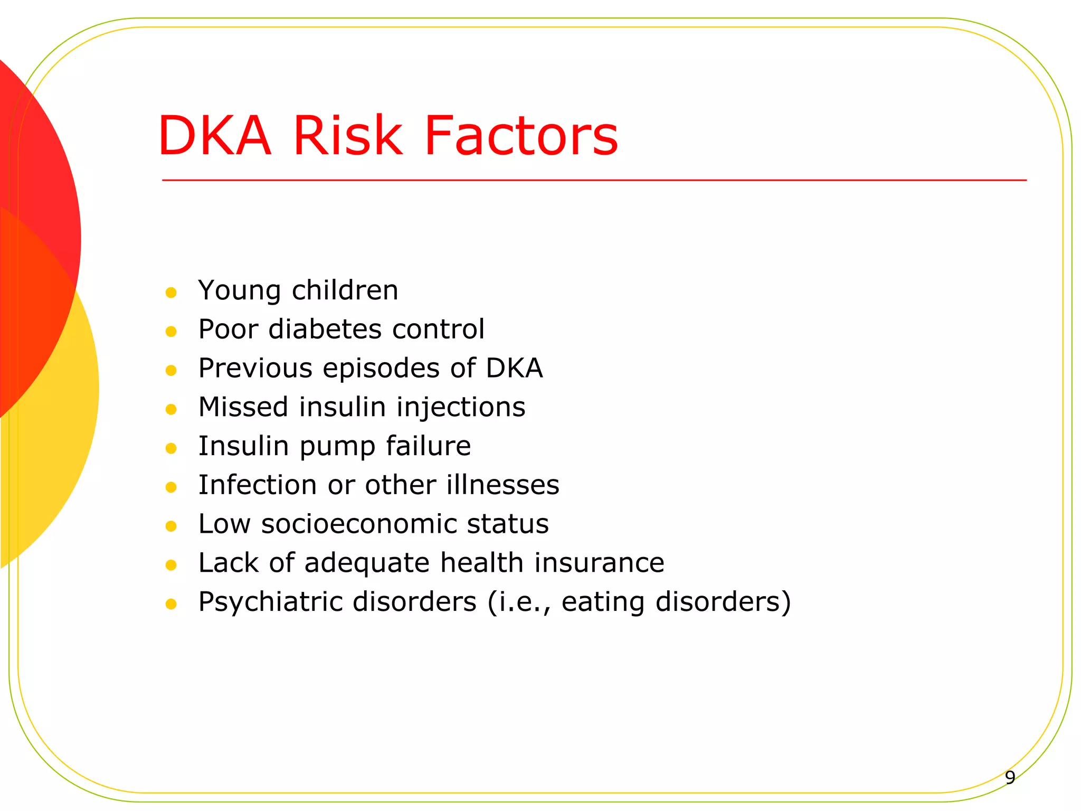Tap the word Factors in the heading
(521, 136)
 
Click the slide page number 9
(1010, 777)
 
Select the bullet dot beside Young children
(170, 293)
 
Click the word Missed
(243, 407)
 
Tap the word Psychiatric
(270, 602)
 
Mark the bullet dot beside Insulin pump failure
(170, 448)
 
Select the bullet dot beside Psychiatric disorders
(170, 604)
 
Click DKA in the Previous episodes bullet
(514, 368)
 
